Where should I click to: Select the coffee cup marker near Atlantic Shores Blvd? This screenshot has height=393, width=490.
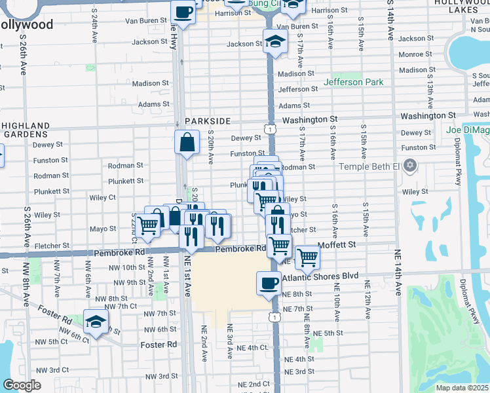tap(270, 283)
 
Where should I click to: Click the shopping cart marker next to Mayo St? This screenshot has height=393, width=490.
tap(149, 225)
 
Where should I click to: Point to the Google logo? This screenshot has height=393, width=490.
tap(22, 385)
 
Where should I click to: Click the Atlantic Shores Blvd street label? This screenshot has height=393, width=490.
tap(320, 276)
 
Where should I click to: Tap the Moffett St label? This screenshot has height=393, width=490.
tap(336, 244)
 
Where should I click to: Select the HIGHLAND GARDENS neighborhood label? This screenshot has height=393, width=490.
tap(31, 129)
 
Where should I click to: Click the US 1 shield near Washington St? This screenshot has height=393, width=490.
tap(270, 130)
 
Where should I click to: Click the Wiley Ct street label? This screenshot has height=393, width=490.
tap(103, 197)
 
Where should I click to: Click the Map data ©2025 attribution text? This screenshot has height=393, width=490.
tap(462, 388)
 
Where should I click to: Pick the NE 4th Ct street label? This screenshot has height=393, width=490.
tap(254, 347)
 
